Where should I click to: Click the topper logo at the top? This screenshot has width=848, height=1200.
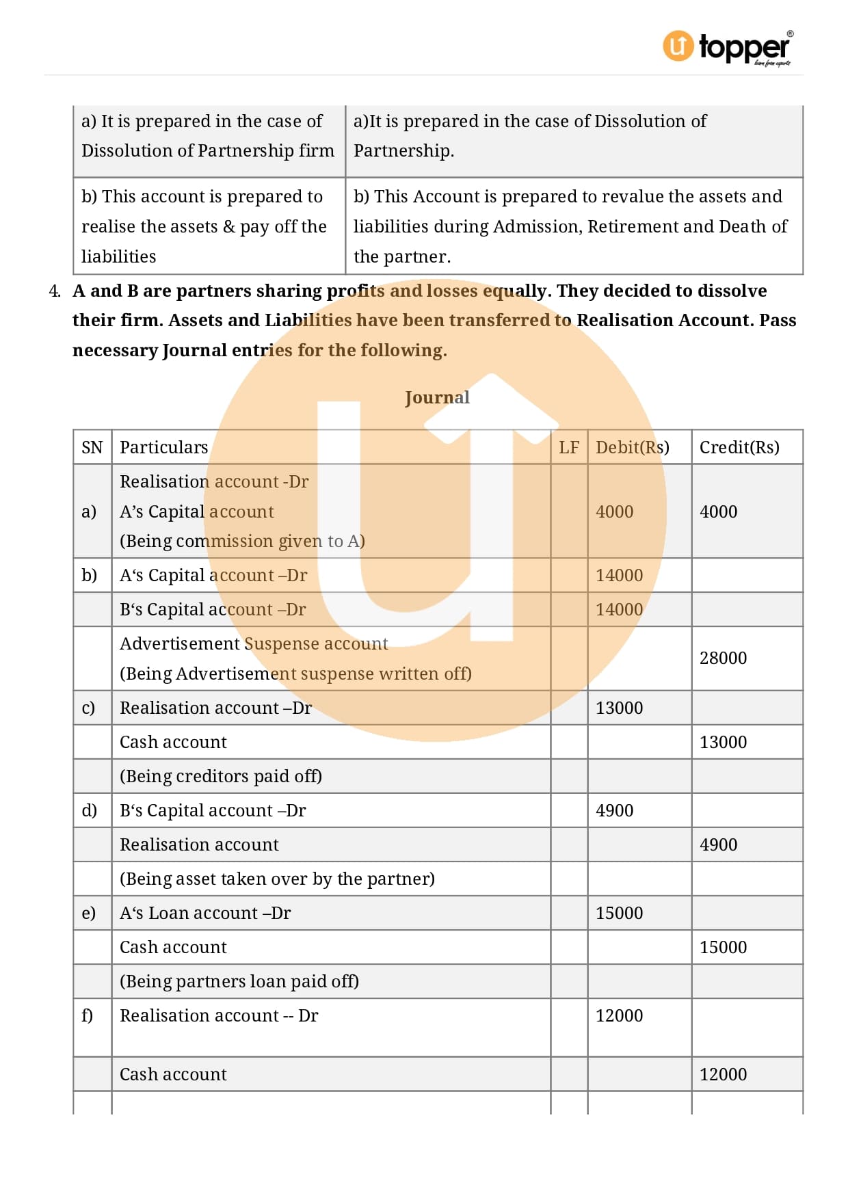[728, 47]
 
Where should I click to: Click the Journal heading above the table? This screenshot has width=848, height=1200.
[437, 397]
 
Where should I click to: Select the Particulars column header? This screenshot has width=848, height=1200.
[163, 447]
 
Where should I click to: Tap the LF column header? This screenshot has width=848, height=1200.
[568, 447]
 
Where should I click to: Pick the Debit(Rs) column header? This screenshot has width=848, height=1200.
[632, 447]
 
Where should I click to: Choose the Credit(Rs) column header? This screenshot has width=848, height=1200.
[739, 447]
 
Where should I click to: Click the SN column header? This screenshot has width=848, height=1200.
[92, 447]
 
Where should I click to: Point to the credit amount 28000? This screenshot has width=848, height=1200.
[723, 658]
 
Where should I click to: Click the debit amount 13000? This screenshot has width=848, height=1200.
[619, 708]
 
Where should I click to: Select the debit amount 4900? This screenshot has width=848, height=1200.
[614, 810]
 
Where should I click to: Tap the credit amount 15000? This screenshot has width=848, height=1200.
[723, 947]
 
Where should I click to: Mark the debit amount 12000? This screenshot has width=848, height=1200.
[619, 1015]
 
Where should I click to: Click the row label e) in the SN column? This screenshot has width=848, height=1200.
[89, 913]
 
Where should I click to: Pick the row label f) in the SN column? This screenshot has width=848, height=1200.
[88, 1015]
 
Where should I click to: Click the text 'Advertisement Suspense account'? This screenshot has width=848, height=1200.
[254, 643]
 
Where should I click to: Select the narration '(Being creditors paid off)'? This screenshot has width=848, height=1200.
[221, 776]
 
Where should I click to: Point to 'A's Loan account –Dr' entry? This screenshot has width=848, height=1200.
[205, 913]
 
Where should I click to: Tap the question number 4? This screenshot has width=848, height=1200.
[55, 291]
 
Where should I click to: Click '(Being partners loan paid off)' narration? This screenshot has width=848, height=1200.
[239, 981]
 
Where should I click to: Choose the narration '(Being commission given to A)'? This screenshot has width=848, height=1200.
[242, 541]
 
